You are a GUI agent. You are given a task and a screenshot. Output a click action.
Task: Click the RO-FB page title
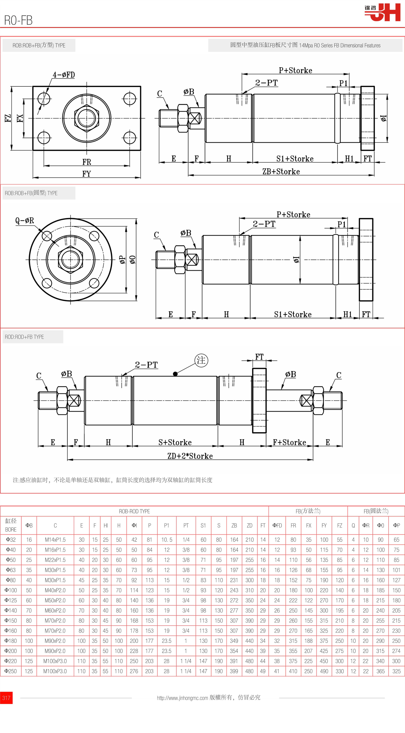click(18, 20)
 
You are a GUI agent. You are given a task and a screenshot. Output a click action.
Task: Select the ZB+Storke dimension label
click(281, 172)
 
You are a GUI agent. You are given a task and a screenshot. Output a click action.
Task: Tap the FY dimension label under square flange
click(87, 174)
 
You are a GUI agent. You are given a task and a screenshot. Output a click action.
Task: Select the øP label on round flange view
click(122, 260)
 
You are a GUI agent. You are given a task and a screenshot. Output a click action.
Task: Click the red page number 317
click(6, 697)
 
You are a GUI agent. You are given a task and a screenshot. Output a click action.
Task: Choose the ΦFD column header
click(277, 525)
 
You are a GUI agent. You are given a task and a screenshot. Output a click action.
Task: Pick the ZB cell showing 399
click(234, 671)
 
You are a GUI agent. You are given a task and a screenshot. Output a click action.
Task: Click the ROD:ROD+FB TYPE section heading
click(25, 337)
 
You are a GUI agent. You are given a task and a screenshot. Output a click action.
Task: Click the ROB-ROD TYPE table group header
click(134, 511)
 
